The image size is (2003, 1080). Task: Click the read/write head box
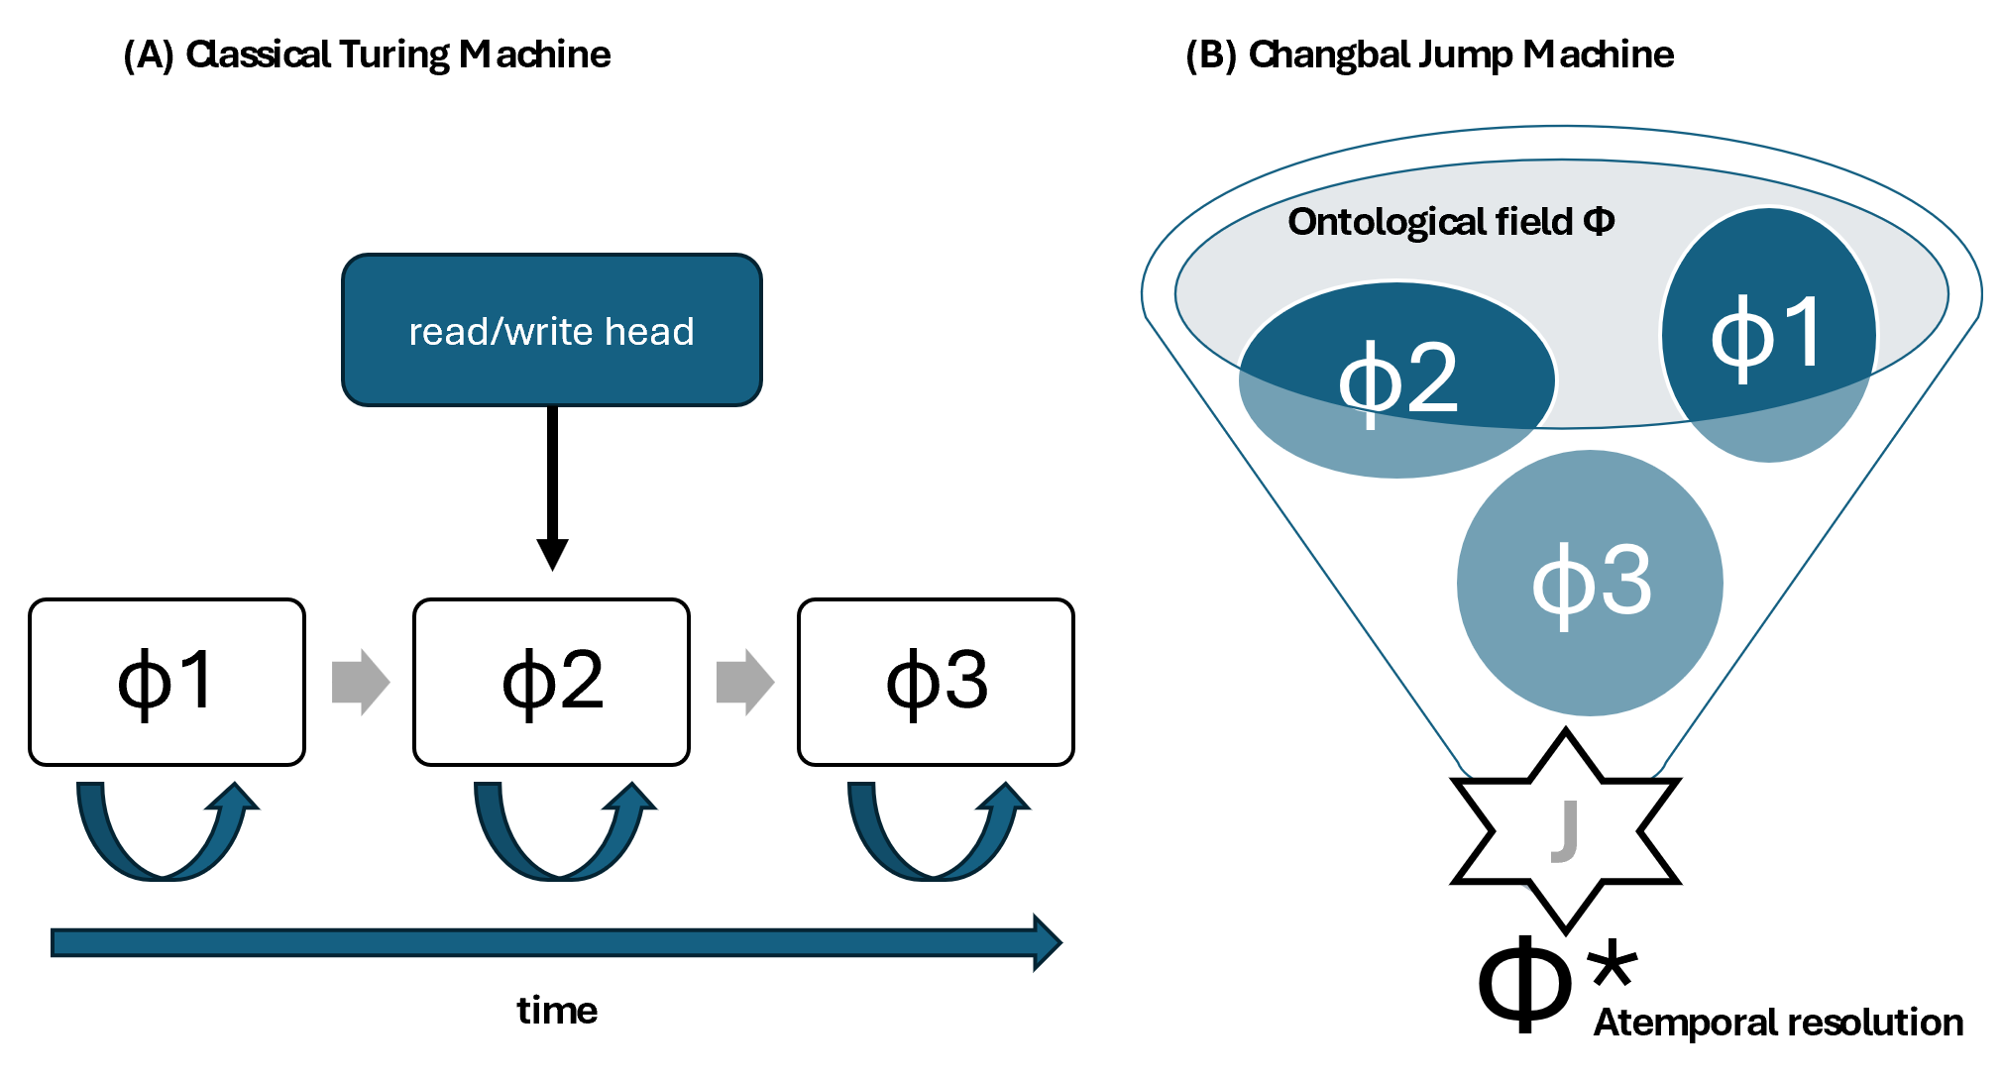coord(551,330)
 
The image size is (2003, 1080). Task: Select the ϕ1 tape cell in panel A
coord(167,682)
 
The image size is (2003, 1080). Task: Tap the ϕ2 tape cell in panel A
coord(551,682)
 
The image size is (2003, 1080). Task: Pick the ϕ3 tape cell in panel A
coord(936,682)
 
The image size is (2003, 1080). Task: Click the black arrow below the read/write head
coord(552,486)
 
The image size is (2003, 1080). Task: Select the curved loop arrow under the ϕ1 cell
coord(164,837)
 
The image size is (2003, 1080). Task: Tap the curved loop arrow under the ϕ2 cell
coord(561,837)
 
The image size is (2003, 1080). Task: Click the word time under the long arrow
coord(557,1011)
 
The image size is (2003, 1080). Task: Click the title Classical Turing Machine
coord(367,54)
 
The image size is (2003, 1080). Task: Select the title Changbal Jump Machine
coord(1429,54)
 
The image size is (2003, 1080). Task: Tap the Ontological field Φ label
coord(1450,222)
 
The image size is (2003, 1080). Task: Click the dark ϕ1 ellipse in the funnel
coord(1768,335)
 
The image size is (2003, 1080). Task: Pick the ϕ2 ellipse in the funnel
coord(1396,379)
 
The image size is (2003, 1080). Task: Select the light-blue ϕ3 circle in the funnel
coord(1590,583)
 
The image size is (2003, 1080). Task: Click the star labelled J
coord(1565,830)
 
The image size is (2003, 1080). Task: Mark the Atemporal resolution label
coord(1778,1023)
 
